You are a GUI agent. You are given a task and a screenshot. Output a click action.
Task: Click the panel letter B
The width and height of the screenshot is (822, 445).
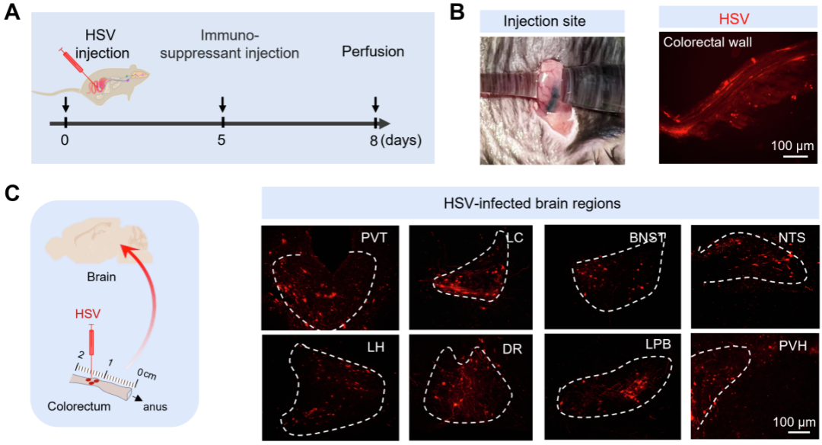(x=457, y=11)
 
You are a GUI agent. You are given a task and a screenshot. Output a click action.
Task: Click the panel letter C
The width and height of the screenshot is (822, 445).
(x=12, y=193)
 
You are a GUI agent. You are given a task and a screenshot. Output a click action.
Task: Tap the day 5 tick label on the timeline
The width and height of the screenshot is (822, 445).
(x=221, y=141)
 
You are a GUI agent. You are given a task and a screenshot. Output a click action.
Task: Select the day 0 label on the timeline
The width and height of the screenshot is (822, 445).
(x=65, y=141)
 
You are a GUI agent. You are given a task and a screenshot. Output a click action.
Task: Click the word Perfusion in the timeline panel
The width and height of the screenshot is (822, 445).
(x=373, y=51)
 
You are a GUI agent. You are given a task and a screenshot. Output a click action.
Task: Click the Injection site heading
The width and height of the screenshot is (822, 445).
(x=545, y=21)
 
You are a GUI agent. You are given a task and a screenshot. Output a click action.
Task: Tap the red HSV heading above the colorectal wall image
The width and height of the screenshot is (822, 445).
(x=734, y=19)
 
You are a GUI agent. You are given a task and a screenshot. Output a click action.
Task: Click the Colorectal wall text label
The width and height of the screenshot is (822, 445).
(x=707, y=42)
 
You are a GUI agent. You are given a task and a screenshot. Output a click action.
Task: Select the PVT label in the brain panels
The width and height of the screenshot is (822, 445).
(x=374, y=239)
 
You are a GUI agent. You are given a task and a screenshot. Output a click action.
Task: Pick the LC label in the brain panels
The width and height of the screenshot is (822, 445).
(x=514, y=238)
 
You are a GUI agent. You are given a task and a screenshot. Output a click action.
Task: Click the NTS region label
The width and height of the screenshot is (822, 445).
(x=792, y=238)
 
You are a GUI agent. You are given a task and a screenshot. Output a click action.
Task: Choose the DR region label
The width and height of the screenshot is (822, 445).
(x=511, y=348)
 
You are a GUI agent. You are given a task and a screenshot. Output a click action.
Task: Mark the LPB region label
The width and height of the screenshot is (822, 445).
(x=658, y=344)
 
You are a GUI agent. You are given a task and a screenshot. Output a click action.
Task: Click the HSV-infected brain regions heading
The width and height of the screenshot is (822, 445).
(x=532, y=203)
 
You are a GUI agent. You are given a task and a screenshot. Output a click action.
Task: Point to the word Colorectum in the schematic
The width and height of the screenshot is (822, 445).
(x=79, y=407)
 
